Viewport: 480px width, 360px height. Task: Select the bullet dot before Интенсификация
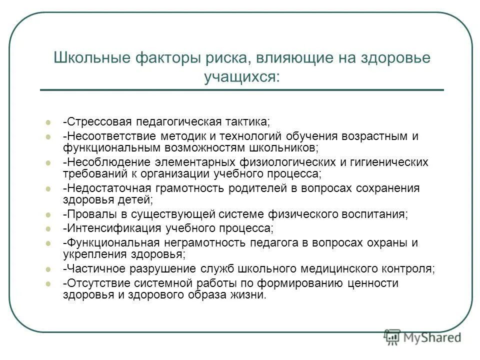pos(48,229)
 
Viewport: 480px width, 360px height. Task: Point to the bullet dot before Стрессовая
pos(48,122)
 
